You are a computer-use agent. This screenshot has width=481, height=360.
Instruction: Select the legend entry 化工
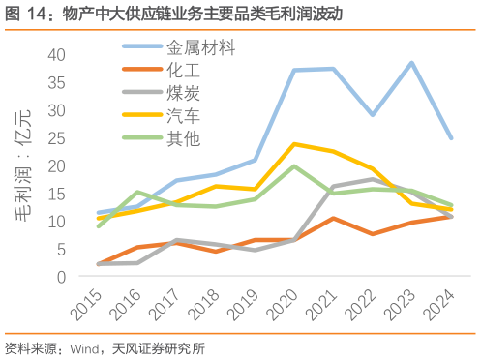pos(184,70)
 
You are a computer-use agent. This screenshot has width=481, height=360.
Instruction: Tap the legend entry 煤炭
pos(184,93)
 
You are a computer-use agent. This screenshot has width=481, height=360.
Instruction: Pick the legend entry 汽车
pos(184,116)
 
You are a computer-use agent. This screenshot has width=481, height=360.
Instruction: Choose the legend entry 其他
pos(184,138)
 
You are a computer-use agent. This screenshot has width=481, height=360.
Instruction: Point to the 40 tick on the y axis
pos(55,54)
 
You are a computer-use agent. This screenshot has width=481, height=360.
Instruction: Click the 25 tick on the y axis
pos(55,138)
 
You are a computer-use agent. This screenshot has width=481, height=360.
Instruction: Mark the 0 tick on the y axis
pos(60,277)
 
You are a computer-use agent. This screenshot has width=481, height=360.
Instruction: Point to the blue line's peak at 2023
pos(412,63)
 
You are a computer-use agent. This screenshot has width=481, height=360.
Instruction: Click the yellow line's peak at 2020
pos(294,144)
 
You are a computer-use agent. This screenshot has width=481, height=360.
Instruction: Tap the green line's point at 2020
pos(294,166)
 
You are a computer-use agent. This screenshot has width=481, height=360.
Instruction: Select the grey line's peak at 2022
pos(373,179)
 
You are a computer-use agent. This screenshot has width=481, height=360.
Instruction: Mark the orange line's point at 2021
pos(333,219)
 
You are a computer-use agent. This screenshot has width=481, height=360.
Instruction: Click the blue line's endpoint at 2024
pos(451,137)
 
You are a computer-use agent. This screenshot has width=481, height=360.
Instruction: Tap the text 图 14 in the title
pos(21,15)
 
